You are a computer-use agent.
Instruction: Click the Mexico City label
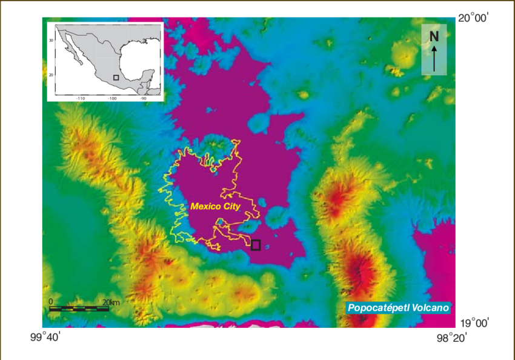pos(215,206)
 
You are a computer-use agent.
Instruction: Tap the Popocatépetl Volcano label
pos(399,308)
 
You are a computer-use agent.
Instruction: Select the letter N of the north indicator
pos(434,36)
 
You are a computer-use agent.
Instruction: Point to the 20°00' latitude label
pos(474,19)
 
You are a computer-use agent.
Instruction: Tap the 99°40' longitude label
pos(43,336)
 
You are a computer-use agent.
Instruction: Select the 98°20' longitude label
pos(454,337)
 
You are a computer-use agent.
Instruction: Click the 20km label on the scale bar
pos(111,302)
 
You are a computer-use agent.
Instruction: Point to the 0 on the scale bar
pos(51,302)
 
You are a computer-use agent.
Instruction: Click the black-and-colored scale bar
pos(79,308)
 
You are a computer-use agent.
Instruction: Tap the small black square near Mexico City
pos(256,245)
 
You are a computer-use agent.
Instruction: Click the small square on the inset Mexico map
pos(116,78)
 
